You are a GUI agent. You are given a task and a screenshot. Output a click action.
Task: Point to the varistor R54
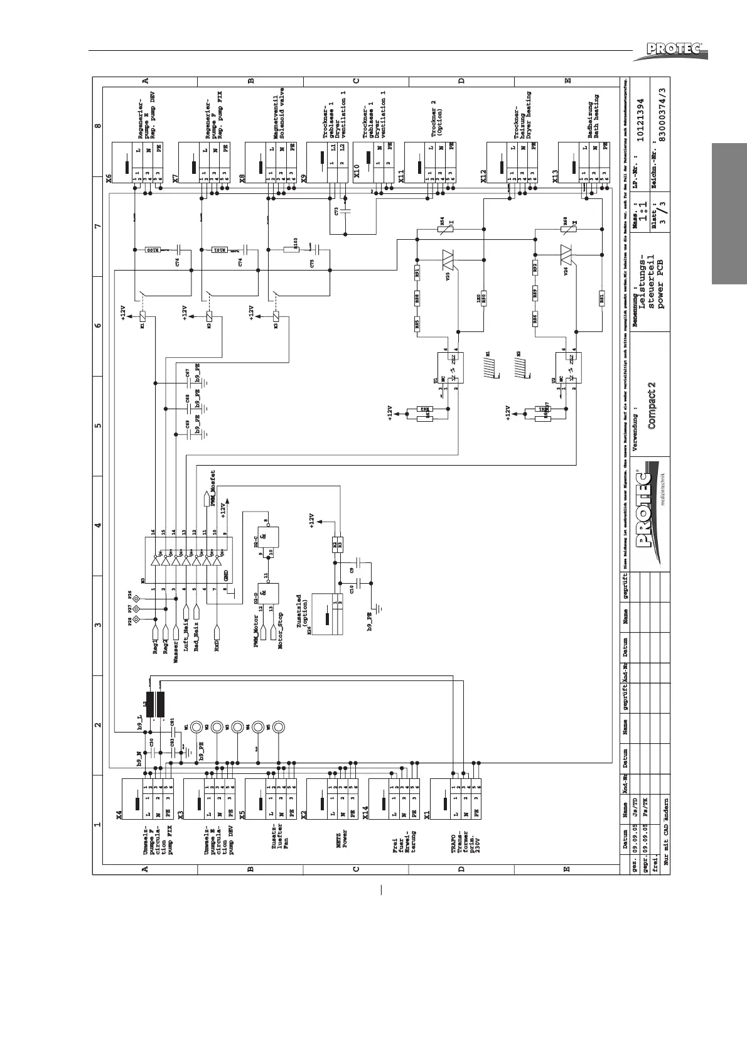tap(443, 230)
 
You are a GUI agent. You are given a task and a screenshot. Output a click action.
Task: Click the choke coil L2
tap(155, 704)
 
